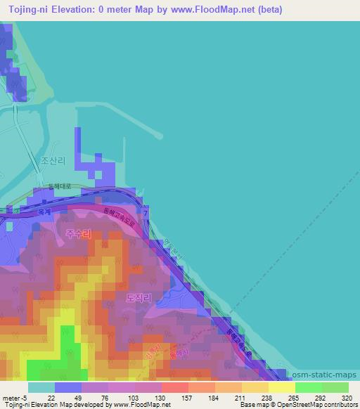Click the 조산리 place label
(x=53, y=161)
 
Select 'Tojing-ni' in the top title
(x=26, y=9)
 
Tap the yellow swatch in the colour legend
(x=281, y=387)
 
